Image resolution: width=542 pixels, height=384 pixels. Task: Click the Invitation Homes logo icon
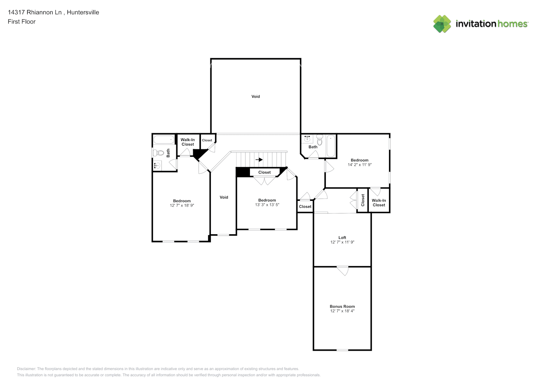click(442, 24)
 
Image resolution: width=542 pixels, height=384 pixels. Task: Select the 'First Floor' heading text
click(21, 22)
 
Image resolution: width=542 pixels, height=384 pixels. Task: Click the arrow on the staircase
click(259, 159)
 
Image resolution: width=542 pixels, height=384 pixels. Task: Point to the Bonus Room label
click(342, 306)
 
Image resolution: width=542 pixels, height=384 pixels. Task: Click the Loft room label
click(342, 237)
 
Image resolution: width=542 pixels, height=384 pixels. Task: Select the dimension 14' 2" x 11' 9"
click(360, 165)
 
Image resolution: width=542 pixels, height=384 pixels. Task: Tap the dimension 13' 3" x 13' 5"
click(267, 205)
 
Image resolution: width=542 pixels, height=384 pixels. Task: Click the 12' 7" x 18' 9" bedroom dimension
click(182, 205)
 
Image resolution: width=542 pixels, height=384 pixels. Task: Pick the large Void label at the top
click(256, 96)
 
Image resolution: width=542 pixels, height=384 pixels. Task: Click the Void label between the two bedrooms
click(224, 197)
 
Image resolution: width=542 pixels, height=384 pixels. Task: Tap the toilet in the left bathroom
click(158, 153)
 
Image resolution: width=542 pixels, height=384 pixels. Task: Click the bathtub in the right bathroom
click(331, 146)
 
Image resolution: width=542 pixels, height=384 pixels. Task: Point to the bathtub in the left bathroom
click(164, 139)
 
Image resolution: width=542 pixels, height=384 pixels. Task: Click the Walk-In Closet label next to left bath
click(188, 142)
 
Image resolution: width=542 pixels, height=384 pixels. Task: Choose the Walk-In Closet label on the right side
click(379, 202)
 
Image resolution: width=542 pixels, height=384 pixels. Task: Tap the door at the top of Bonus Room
click(343, 270)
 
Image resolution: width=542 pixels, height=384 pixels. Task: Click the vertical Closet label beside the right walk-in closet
click(363, 200)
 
